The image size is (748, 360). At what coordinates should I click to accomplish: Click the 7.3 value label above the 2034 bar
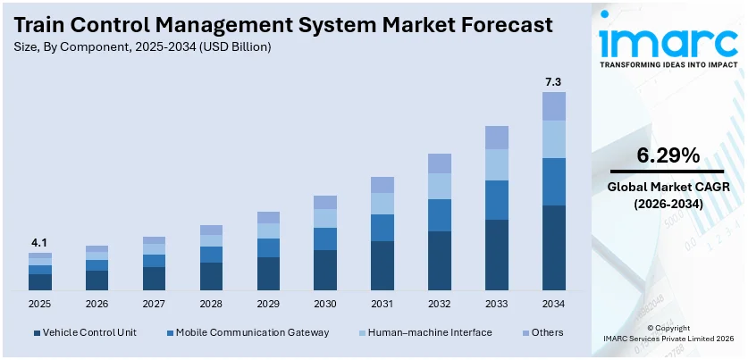point(554,82)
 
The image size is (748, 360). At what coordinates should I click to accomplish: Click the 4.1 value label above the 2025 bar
point(39,243)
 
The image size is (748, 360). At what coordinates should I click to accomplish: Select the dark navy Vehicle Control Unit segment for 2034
point(554,247)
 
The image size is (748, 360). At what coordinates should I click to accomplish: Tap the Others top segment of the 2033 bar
point(497,137)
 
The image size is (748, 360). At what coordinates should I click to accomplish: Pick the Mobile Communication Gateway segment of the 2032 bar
point(440,215)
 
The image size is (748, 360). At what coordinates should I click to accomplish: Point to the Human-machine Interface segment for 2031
point(382,204)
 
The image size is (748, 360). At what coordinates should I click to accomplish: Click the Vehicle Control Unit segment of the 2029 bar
point(268,273)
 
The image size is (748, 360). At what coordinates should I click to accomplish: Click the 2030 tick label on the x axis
point(325,304)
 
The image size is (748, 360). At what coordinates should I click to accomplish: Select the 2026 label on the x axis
point(97,304)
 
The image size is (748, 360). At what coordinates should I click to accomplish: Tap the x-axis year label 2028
point(211,304)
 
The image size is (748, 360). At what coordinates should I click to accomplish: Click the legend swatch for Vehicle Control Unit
point(37,333)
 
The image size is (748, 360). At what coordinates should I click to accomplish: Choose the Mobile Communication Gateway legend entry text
point(252,332)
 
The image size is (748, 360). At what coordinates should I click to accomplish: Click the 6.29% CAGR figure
point(667,155)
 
